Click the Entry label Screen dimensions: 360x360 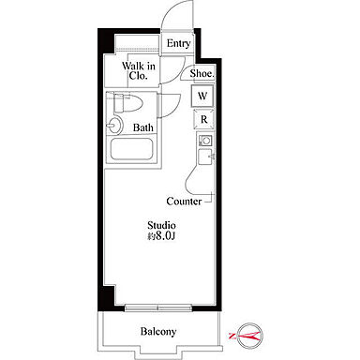(178, 43)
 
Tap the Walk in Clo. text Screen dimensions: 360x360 (139, 70)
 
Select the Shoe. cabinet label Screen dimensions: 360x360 (202, 74)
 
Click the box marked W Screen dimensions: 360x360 (202, 96)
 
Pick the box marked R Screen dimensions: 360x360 (203, 119)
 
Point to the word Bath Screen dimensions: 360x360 (143, 127)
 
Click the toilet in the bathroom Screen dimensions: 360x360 (127, 102)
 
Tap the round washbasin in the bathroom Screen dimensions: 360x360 (114, 126)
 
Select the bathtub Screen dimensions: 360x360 (131, 150)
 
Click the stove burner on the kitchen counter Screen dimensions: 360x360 (206, 141)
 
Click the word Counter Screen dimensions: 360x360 (184, 202)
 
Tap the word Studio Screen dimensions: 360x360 (161, 225)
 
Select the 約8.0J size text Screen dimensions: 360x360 (161, 236)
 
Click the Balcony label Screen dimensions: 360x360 (158, 331)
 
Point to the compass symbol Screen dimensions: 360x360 (249, 336)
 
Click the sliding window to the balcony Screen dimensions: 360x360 (157, 307)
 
